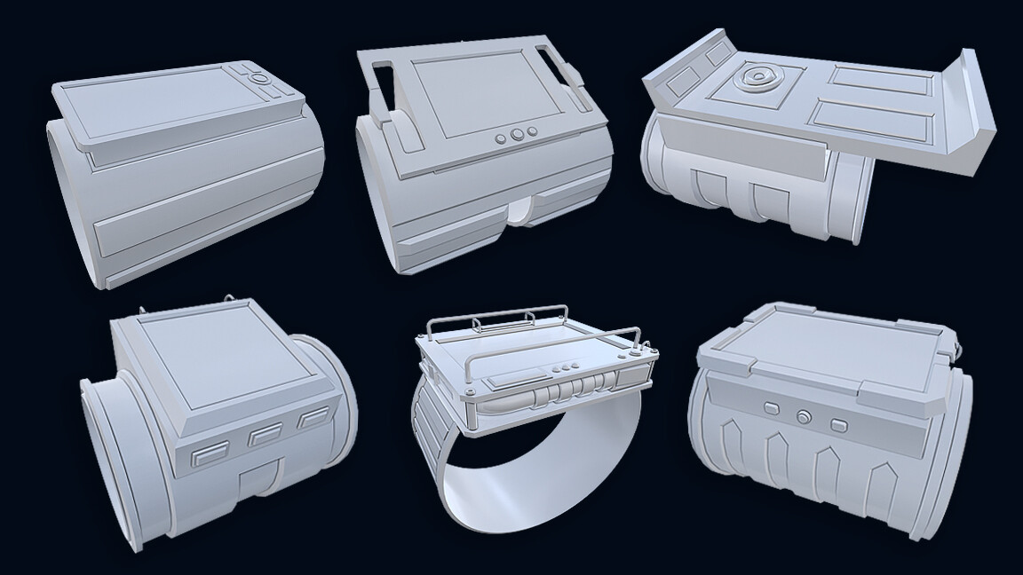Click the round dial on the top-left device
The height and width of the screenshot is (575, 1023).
point(260,79)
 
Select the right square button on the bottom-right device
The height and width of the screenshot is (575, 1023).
point(836,422)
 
